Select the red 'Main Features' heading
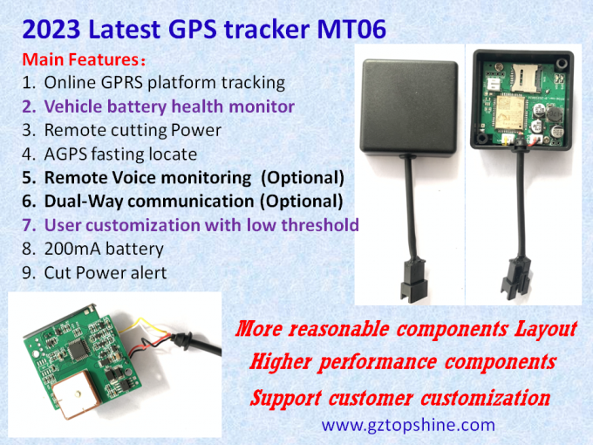[x=78, y=60]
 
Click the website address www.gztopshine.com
[x=408, y=425]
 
